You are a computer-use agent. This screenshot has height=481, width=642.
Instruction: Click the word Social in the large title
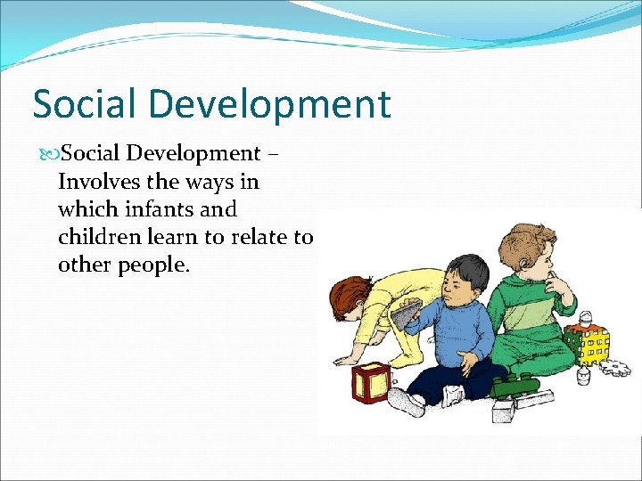click(x=82, y=104)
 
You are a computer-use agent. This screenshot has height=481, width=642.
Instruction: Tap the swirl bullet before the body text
click(x=49, y=154)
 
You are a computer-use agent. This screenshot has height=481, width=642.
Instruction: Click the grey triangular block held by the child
click(x=407, y=314)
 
